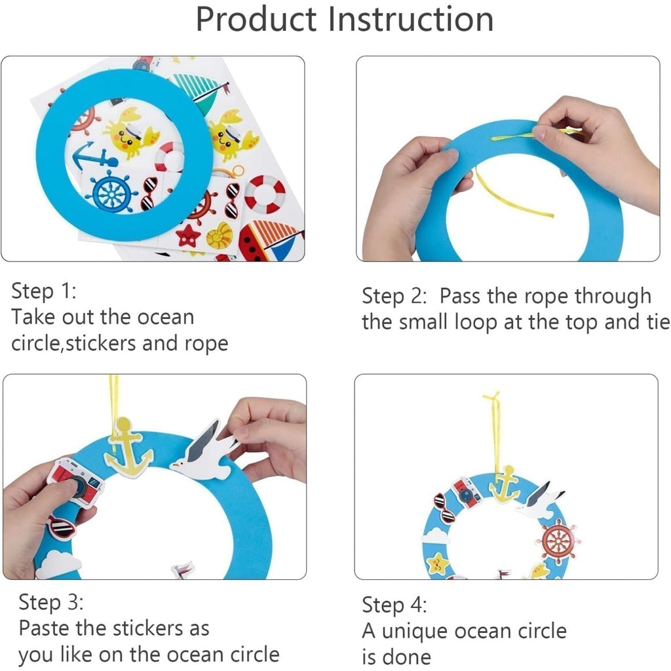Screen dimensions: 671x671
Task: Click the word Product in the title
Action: pos(256,20)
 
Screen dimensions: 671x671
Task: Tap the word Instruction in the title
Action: pos(411,19)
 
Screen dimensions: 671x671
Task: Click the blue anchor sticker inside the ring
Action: pos(94,157)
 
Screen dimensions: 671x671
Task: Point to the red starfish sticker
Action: pos(187,235)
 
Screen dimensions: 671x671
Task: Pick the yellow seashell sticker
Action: pos(219,235)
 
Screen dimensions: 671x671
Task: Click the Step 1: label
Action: pos(44,291)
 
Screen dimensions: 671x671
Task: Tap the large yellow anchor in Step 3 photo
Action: pos(128,448)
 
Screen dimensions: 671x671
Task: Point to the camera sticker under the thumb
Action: pos(75,482)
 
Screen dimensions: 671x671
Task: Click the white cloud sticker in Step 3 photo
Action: pos(58,565)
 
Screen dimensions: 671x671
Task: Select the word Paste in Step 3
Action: pos(45,628)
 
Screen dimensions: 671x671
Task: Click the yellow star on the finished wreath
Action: pos(437,564)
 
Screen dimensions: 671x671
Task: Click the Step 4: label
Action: pos(394,605)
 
